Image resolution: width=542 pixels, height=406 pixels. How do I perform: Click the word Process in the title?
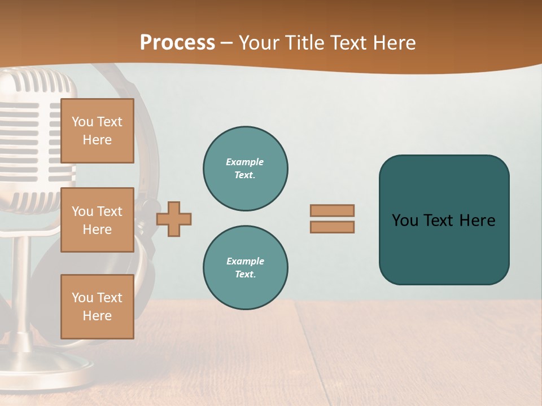[x=177, y=42]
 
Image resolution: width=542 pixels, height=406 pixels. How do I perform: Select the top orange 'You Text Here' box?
[x=97, y=131]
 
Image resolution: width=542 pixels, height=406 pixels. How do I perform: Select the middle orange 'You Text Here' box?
[x=97, y=220]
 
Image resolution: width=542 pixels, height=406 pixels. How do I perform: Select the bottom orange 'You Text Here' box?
[x=97, y=306]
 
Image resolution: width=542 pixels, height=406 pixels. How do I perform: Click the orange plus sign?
[x=174, y=218]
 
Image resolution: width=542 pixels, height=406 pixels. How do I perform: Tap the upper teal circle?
[x=246, y=169]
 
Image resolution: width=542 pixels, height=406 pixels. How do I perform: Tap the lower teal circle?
[x=246, y=268]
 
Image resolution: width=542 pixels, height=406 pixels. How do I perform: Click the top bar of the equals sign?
[x=332, y=210]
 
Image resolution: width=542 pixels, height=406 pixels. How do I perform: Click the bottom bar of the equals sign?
[x=332, y=227]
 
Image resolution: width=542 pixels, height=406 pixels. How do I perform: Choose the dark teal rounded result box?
[x=444, y=220]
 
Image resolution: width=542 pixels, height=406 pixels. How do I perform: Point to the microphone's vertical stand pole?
[x=23, y=282]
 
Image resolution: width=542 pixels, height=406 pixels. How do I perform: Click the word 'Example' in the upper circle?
[x=245, y=162]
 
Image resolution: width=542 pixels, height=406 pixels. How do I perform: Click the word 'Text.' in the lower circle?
[x=245, y=274]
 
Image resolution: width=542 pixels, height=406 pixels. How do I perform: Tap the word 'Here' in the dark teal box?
[x=477, y=220]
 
